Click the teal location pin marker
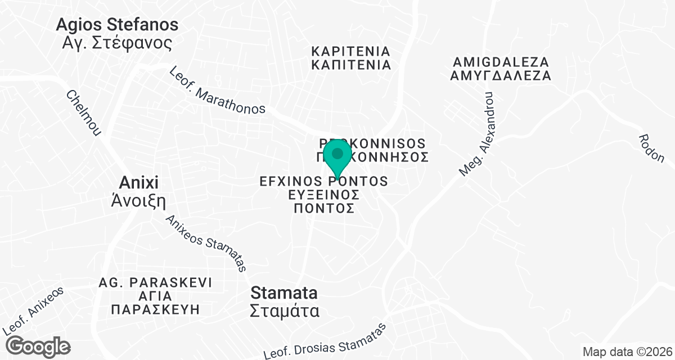click(x=337, y=156)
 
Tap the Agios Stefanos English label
click(x=118, y=25)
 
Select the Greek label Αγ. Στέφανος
click(x=116, y=43)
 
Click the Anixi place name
click(x=139, y=182)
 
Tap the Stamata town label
click(x=284, y=292)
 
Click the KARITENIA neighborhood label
click(x=351, y=51)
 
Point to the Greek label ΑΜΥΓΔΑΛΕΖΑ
click(x=501, y=75)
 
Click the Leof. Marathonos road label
click(x=217, y=91)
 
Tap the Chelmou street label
click(x=84, y=113)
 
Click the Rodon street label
click(x=652, y=148)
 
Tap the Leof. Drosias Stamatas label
click(x=327, y=341)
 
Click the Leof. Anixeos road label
click(x=33, y=310)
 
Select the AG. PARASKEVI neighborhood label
click(x=155, y=282)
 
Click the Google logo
click(x=39, y=346)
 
